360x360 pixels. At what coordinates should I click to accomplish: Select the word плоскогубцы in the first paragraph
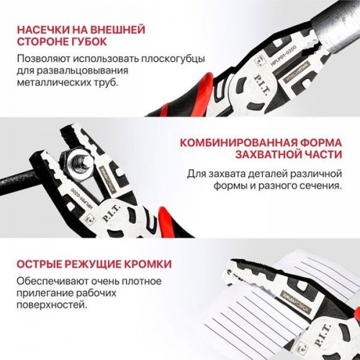coord(173,59)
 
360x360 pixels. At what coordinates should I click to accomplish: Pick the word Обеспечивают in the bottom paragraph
coord(52,281)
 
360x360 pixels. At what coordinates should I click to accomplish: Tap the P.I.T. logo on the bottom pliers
coord(323,336)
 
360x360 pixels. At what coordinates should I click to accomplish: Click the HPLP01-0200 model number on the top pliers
coord(283,55)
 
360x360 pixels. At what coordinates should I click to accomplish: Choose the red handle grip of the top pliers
coord(194,94)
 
